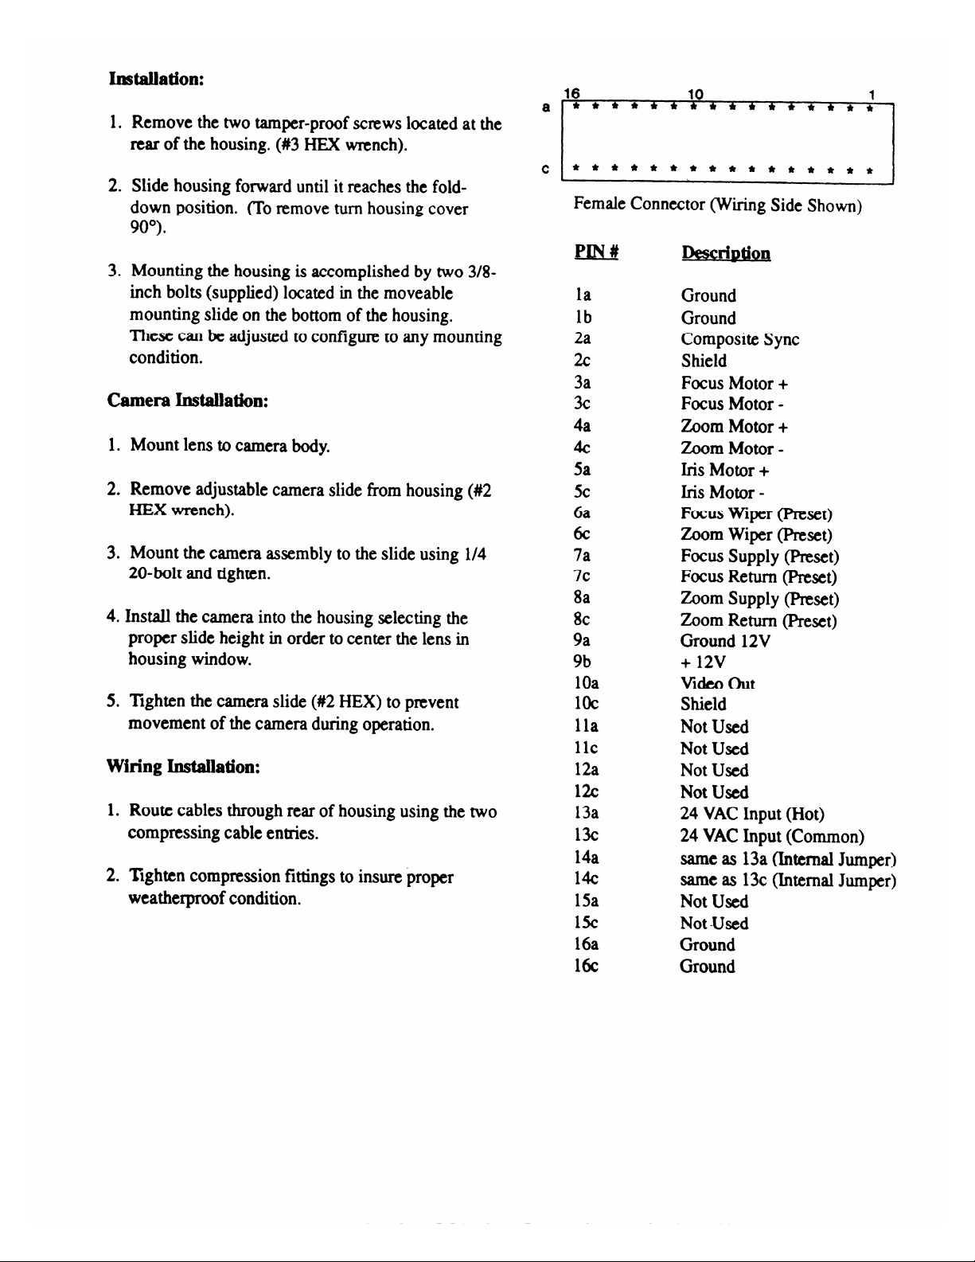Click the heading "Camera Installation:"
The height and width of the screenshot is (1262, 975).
[187, 400]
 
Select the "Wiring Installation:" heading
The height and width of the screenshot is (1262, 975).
[184, 768]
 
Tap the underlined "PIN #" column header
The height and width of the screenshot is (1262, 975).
[596, 253]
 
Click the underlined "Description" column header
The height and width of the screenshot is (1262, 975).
[725, 253]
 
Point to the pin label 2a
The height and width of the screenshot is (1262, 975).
[582, 339]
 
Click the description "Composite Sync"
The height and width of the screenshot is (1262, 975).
[739, 339]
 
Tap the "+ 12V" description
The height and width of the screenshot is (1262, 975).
[703, 662]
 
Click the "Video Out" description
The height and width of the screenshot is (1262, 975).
[717, 683]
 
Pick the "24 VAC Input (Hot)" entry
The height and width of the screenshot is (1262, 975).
[752, 814]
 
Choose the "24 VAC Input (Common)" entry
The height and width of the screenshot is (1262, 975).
[772, 836]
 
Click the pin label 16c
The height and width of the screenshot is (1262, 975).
[586, 967]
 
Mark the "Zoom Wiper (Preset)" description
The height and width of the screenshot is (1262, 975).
[756, 535]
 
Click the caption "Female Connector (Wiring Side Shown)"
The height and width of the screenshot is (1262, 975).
[718, 205]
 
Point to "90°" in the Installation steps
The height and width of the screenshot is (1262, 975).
[145, 230]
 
